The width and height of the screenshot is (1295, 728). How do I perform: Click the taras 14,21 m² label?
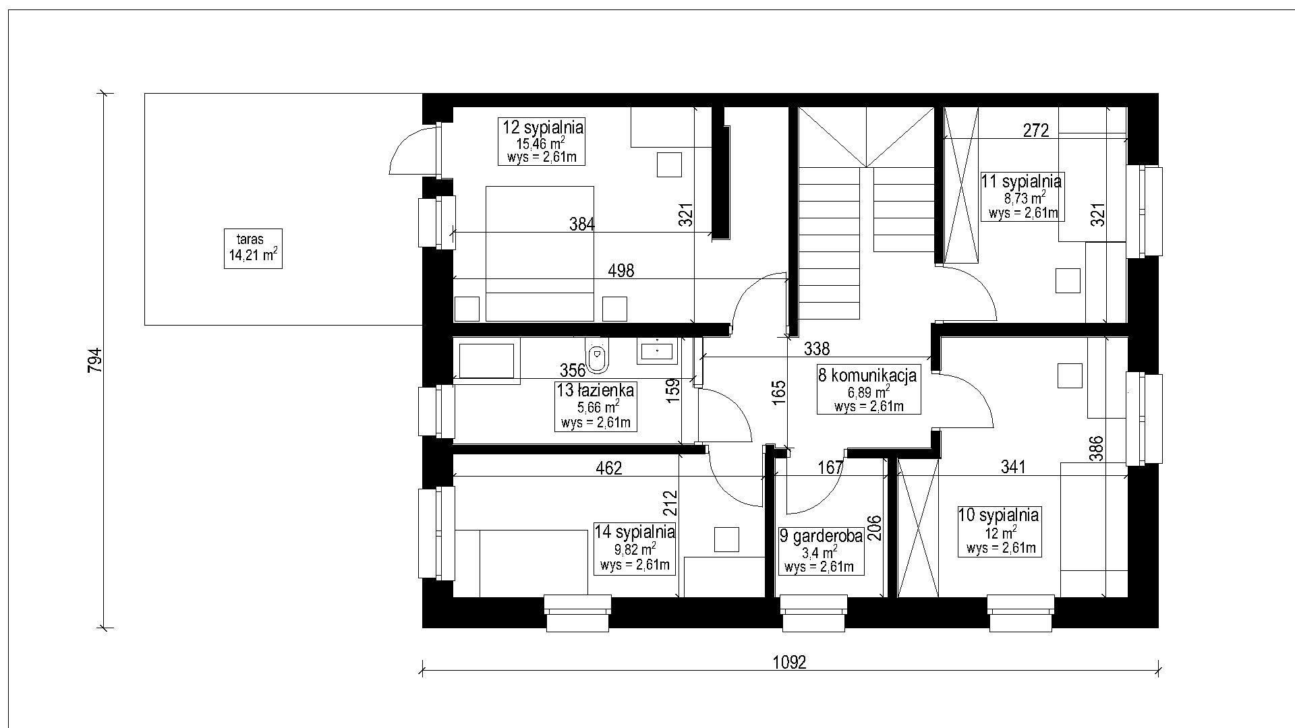click(x=253, y=249)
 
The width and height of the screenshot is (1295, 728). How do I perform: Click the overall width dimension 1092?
click(x=789, y=662)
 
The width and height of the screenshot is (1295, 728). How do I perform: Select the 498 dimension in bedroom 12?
click(x=621, y=270)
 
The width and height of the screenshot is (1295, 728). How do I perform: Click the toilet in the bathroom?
click(x=597, y=356)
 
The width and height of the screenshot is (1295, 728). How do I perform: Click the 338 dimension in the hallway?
click(x=817, y=348)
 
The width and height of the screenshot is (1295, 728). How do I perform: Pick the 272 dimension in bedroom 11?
click(x=1036, y=130)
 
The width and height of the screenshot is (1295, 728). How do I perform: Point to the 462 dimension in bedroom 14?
click(x=608, y=468)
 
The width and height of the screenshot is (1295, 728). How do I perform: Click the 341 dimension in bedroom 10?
click(x=1013, y=466)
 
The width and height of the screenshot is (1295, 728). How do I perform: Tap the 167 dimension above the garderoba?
click(x=830, y=467)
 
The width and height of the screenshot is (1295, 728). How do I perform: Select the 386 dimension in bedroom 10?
click(x=1096, y=448)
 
